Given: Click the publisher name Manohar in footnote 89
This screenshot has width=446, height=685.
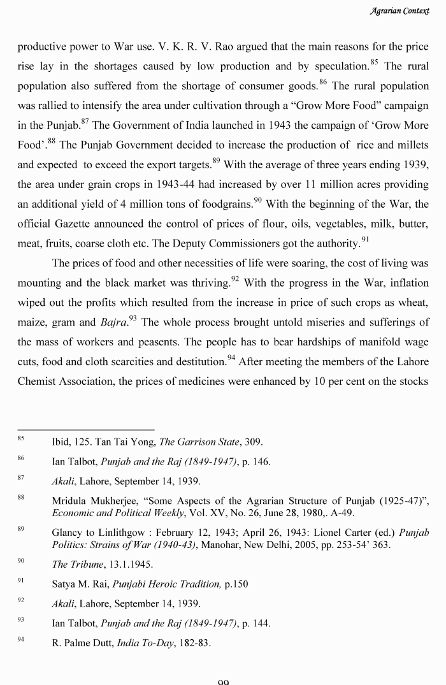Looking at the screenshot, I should click(x=220, y=544).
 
